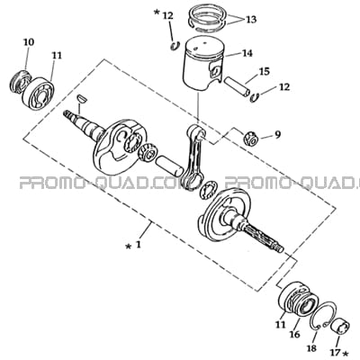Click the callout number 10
29,42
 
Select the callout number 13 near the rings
251,20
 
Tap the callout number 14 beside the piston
247,53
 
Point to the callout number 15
265,71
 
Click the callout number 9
278,135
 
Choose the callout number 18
311,349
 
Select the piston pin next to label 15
238,86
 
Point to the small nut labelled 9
248,139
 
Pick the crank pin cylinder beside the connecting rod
169,166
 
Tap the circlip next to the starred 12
175,46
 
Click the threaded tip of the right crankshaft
279,248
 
